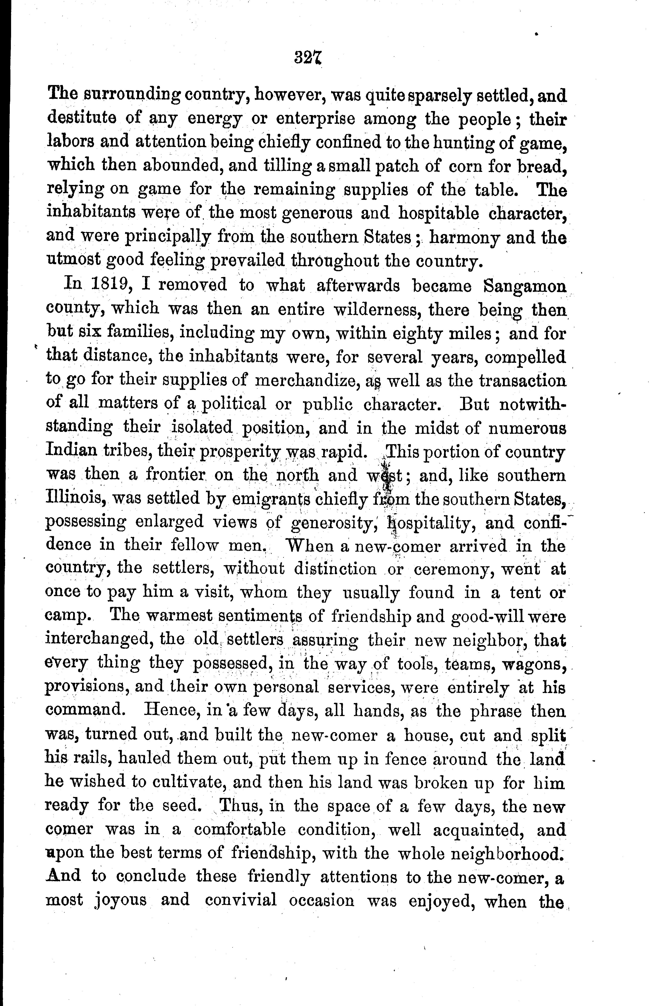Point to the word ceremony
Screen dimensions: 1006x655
tap(453, 569)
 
